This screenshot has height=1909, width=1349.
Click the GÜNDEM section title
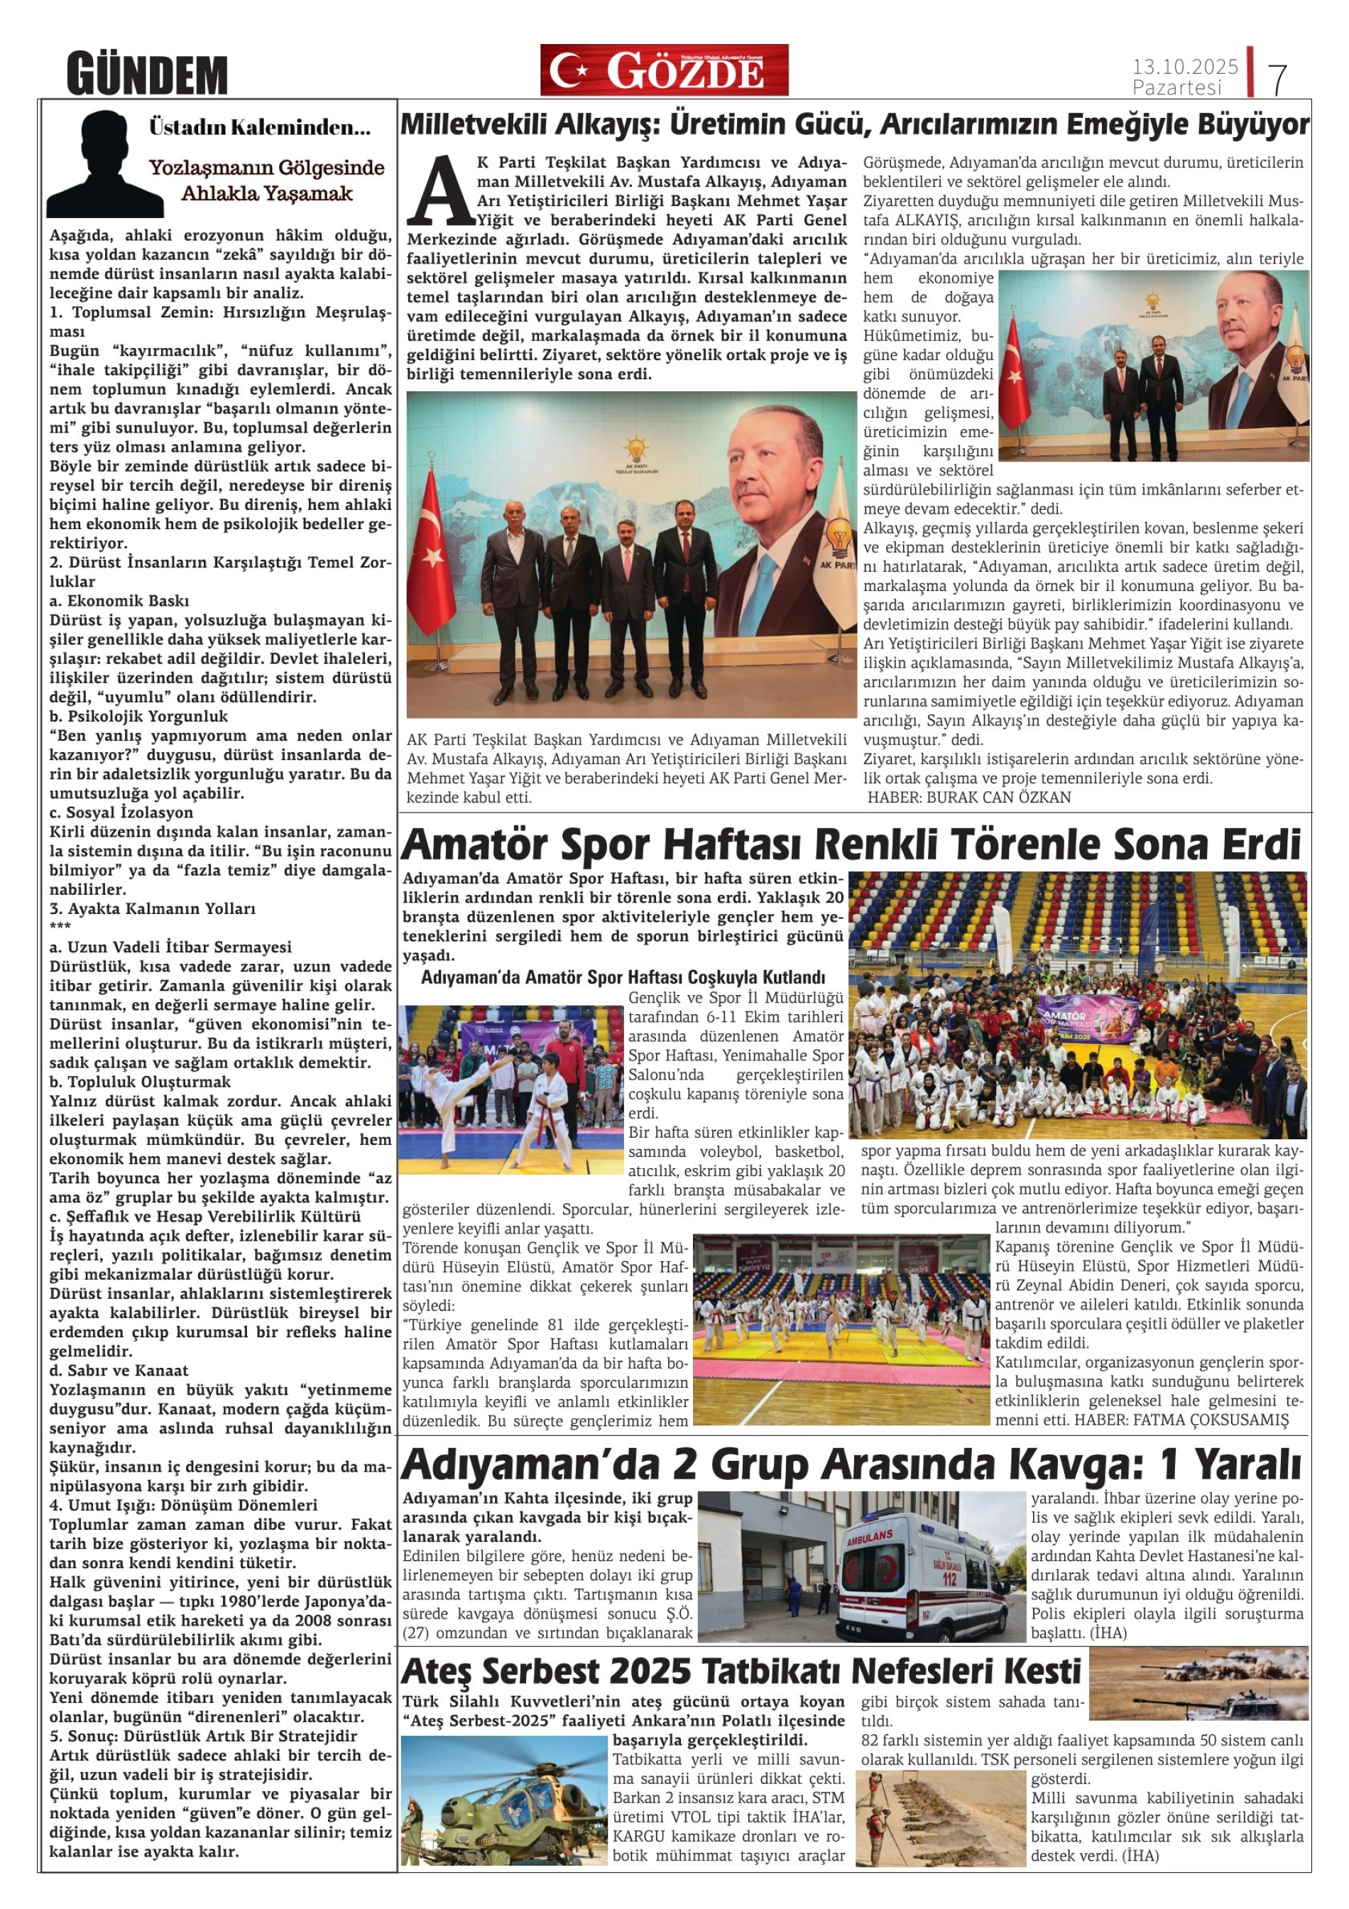coord(146,75)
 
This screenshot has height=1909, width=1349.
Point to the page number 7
coord(1278,78)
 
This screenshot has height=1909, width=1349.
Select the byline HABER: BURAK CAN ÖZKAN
coord(969,798)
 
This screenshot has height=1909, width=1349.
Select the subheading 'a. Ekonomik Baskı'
coord(120,600)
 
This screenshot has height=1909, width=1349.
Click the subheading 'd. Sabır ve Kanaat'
coord(118,1370)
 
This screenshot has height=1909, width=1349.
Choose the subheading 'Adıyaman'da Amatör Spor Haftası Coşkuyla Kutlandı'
coord(623,977)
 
